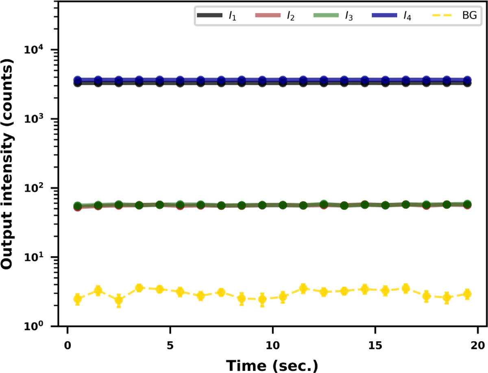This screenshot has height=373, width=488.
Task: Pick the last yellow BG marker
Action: [467, 294]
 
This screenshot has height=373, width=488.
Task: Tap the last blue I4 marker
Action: [467, 80]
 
